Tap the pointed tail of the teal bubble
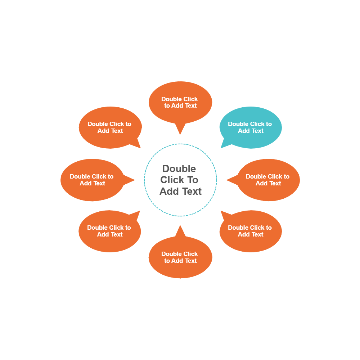[225, 144]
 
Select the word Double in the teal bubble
[238, 124]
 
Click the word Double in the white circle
[179, 168]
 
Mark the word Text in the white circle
[191, 192]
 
